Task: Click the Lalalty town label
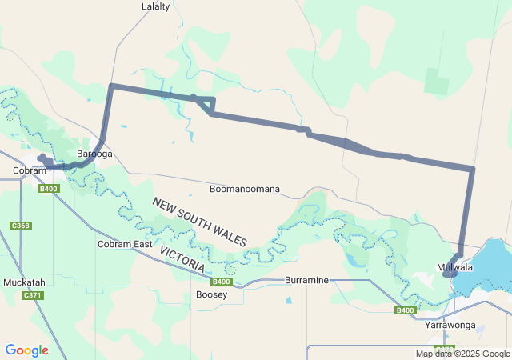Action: (x=156, y=6)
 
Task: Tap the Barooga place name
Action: (x=94, y=154)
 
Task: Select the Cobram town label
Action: (x=30, y=171)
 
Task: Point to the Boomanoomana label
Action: (x=244, y=190)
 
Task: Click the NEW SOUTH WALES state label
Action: (x=200, y=222)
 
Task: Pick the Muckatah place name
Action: (x=25, y=282)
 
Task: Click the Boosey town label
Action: (x=211, y=294)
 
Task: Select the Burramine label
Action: (x=307, y=281)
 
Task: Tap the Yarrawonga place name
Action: (x=450, y=326)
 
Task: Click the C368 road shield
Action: (x=21, y=226)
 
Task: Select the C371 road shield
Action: (x=33, y=296)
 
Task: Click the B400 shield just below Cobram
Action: (x=48, y=189)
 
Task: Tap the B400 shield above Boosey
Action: (x=222, y=282)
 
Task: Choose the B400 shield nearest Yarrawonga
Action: (x=406, y=310)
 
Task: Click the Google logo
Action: (x=26, y=350)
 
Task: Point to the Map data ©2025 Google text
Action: (x=462, y=354)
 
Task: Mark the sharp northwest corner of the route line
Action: (x=111, y=85)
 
